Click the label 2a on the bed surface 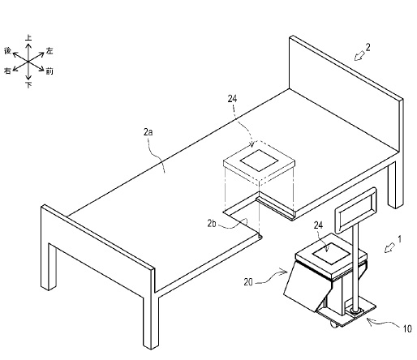coord(148,132)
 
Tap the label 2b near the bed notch coord(212,224)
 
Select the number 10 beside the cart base coord(407,328)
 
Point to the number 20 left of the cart coord(248,282)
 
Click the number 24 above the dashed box coord(232,99)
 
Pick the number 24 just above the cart coord(318,225)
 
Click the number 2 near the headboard coord(368,48)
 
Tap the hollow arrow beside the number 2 coord(359,56)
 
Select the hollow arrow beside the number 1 coord(389,248)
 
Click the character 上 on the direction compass coord(28,37)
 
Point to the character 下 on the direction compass coord(28,85)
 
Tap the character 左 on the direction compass coord(49,50)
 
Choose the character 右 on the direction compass coord(7,71)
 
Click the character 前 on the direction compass coord(49,71)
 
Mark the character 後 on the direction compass coord(7,50)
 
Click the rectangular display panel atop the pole coord(355,210)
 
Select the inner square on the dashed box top coord(259,161)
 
